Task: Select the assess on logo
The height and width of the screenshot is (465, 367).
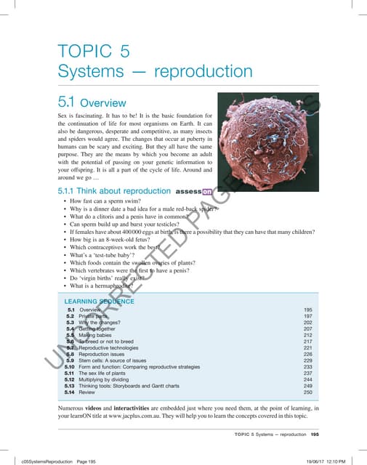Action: coord(197,192)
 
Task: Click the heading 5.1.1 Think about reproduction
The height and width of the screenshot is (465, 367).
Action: coord(109,192)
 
